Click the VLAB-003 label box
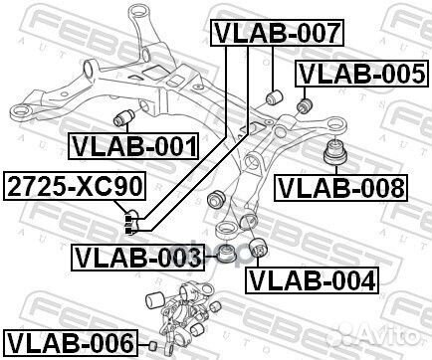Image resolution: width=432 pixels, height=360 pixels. click(136, 260)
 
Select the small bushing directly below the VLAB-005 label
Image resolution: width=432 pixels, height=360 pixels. click(306, 102)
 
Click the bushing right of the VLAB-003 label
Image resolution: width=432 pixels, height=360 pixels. click(227, 253)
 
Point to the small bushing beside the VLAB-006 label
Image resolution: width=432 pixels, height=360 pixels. click(153, 344)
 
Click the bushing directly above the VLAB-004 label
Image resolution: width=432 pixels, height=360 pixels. click(261, 248)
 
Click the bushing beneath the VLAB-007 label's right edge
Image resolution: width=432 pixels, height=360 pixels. click(278, 96)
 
